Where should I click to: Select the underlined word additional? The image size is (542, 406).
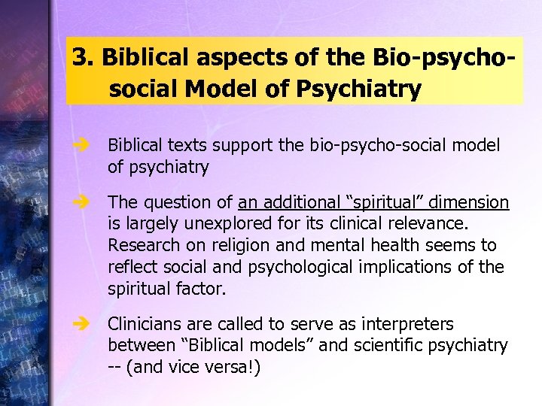(x=293, y=202)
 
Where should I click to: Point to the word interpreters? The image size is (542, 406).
(x=407, y=324)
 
